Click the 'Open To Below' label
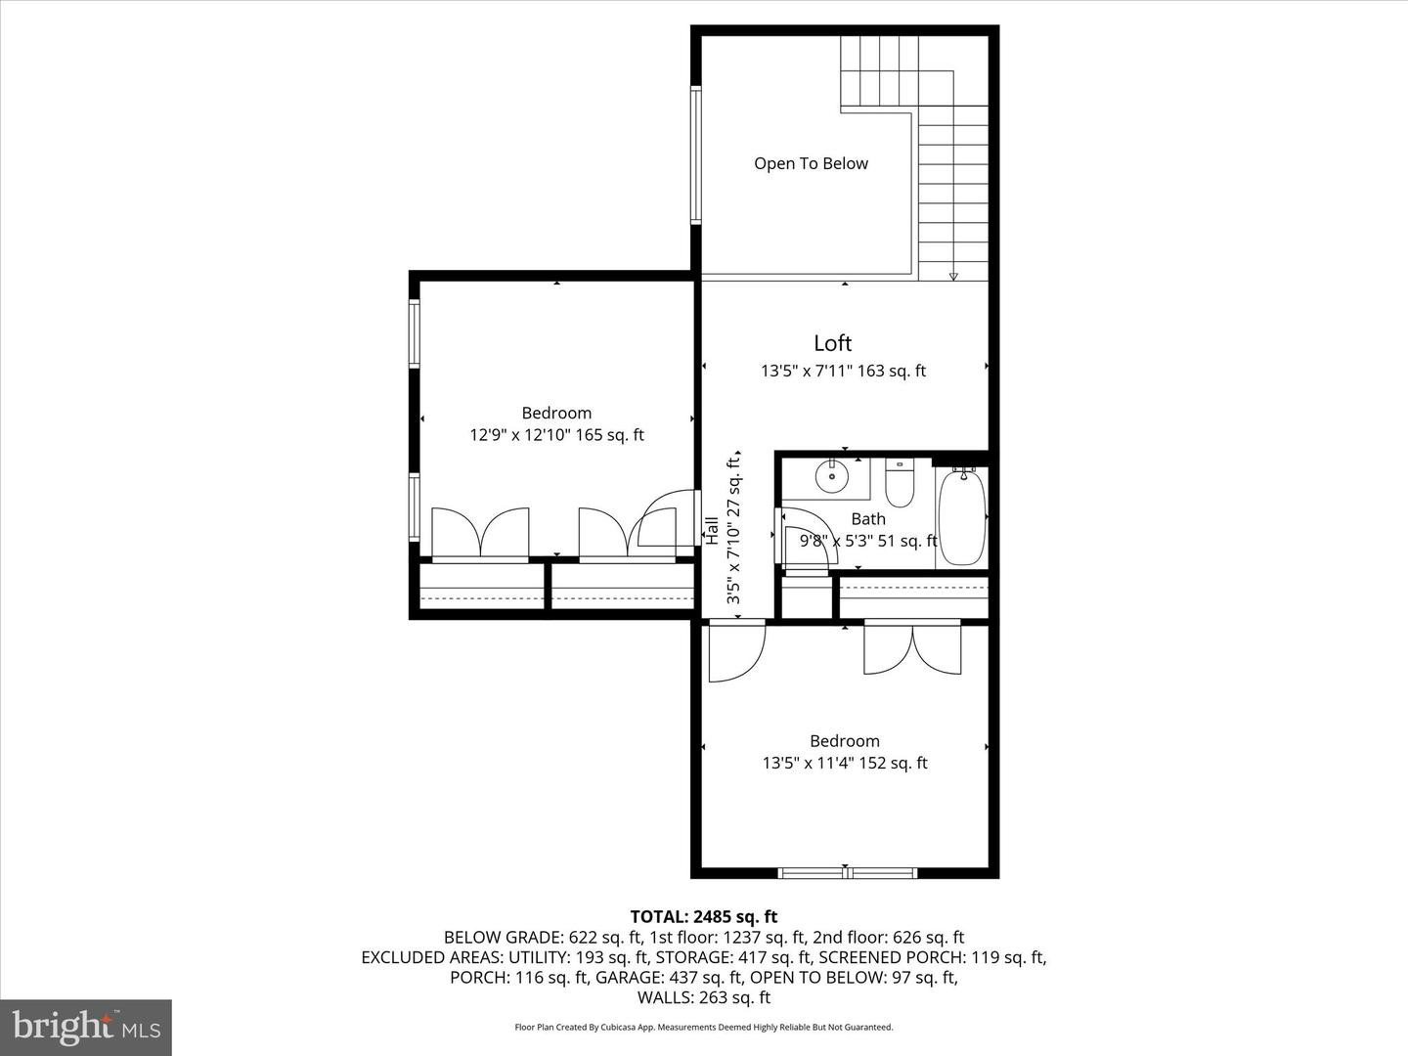[811, 163]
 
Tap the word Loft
[832, 343]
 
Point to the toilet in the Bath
[900, 483]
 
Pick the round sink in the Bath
[832, 477]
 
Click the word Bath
[868, 519]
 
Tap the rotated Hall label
[712, 530]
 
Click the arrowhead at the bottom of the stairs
[953, 277]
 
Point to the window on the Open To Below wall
[696, 155]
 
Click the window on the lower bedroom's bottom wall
[847, 872]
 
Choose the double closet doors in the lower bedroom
[912, 647]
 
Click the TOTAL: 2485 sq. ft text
[703, 917]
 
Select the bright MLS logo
[86, 1027]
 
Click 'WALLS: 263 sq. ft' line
[703, 997]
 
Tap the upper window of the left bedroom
[415, 333]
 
